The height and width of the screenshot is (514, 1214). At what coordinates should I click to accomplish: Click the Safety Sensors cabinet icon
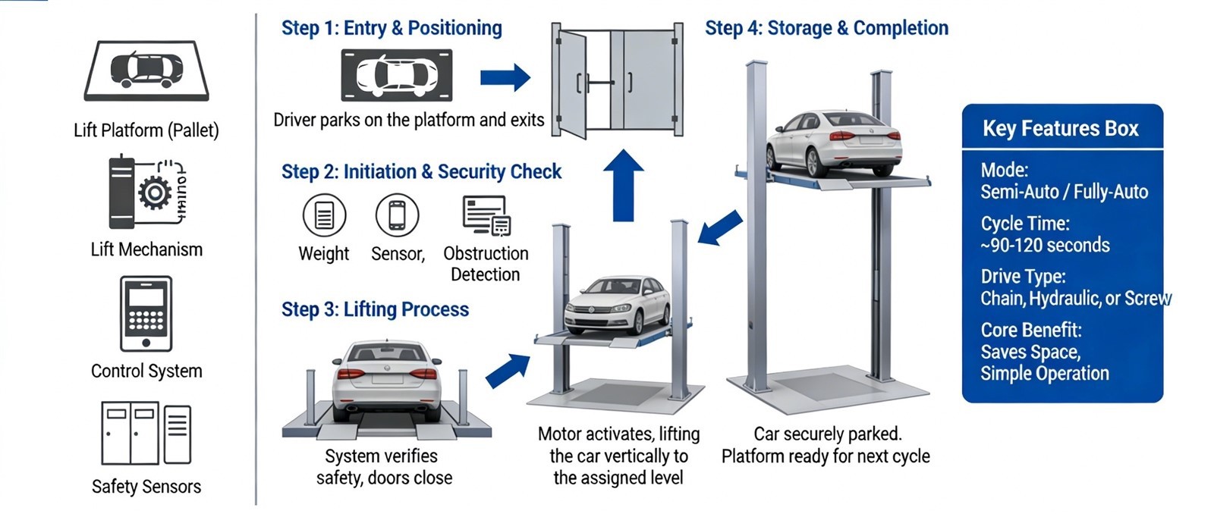click(x=146, y=433)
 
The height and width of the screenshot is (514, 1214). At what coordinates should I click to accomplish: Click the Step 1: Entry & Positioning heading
click(x=392, y=28)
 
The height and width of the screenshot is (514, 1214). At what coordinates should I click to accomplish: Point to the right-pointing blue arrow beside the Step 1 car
click(x=505, y=77)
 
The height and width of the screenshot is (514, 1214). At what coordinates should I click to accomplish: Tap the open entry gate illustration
click(x=616, y=82)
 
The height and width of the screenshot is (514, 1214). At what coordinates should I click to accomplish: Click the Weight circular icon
click(x=324, y=215)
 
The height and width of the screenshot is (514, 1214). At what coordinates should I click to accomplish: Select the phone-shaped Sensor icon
click(x=397, y=215)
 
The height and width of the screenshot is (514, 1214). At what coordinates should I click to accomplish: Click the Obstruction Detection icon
click(x=486, y=215)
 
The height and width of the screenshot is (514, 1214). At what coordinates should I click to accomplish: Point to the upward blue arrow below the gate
click(x=623, y=185)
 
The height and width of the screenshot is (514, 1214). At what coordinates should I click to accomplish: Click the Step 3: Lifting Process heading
click(x=375, y=309)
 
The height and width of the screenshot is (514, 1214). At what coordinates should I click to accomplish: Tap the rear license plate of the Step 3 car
click(x=387, y=377)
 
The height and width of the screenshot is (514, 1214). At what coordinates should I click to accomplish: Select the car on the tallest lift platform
click(x=833, y=143)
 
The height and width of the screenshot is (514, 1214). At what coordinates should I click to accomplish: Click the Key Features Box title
click(x=1060, y=129)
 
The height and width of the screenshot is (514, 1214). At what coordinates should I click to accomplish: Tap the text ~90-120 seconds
click(x=1045, y=246)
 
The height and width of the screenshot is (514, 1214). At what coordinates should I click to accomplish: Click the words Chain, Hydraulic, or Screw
click(x=1075, y=299)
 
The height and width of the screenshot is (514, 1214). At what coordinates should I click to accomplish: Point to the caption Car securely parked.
click(x=827, y=434)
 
